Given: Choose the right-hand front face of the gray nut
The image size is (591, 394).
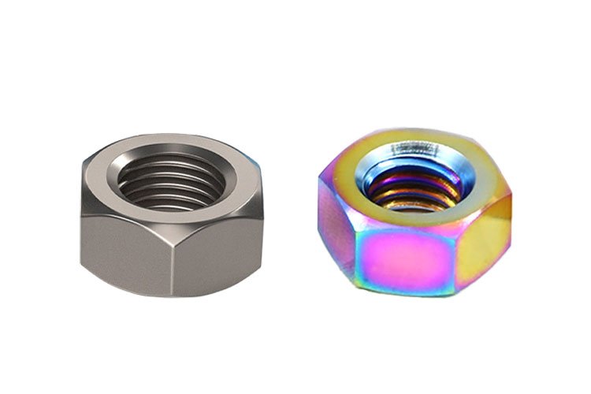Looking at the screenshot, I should [x=221, y=244].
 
